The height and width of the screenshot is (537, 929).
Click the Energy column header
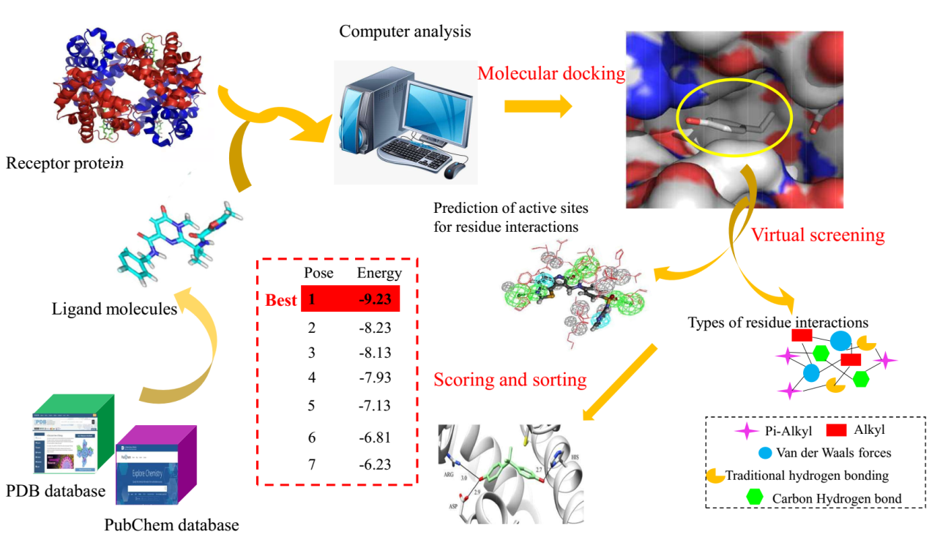coord(378,274)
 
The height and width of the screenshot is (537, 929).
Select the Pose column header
coord(318,274)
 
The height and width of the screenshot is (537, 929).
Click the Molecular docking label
coord(551,74)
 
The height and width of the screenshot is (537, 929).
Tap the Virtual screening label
coord(817,236)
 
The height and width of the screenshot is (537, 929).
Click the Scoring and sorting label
coord(510,380)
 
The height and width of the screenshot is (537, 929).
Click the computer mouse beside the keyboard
coord(455,170)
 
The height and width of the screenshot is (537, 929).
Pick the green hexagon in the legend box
coord(754,497)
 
